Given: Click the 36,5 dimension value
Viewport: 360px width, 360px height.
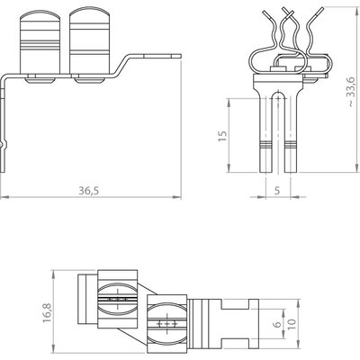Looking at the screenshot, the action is click(89, 191).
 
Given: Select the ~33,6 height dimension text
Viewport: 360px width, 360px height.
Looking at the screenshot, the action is click(351, 92).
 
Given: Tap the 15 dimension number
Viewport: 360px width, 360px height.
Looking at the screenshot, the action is click(222, 137).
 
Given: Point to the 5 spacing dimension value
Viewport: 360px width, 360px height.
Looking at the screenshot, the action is click(277, 191).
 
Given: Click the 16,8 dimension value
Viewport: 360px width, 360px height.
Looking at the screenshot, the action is click(47, 313).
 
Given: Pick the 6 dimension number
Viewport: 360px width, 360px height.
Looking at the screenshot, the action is click(278, 324).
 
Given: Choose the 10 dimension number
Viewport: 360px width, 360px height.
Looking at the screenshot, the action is click(292, 324).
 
